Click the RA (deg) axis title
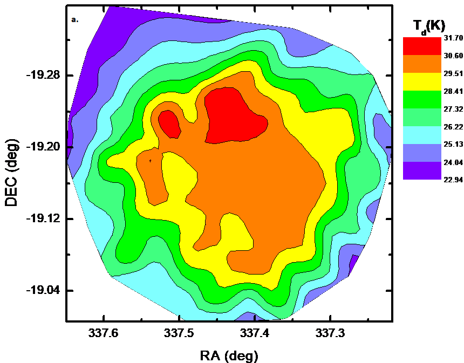(229, 355)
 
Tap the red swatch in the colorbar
(422, 46)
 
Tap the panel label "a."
(74, 20)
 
